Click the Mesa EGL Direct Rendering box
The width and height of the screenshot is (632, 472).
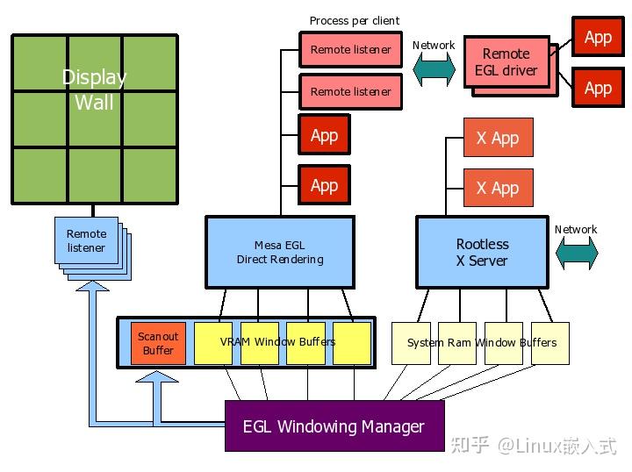pos(280,252)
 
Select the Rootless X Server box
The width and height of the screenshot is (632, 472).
pos(482,252)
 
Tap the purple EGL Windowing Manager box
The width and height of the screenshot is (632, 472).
pos(334,426)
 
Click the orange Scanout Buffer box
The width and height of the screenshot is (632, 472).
pos(158,343)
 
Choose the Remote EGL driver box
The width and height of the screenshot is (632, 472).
pos(506,62)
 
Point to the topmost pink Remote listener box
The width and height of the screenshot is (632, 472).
pos(350,50)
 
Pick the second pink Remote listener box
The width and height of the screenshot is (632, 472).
pos(350,91)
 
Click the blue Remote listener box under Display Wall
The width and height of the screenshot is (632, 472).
pos(86,241)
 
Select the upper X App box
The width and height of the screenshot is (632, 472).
pos(498,138)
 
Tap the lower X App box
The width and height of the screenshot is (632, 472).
pos(498,188)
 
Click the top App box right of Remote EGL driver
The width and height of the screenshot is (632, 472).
pos(598,37)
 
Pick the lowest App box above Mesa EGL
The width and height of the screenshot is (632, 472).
pos(324,185)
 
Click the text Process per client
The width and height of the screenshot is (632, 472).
pos(355,20)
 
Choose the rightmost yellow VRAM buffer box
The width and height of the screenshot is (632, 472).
pos(352,343)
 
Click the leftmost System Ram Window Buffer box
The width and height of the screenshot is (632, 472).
pos(412,343)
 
